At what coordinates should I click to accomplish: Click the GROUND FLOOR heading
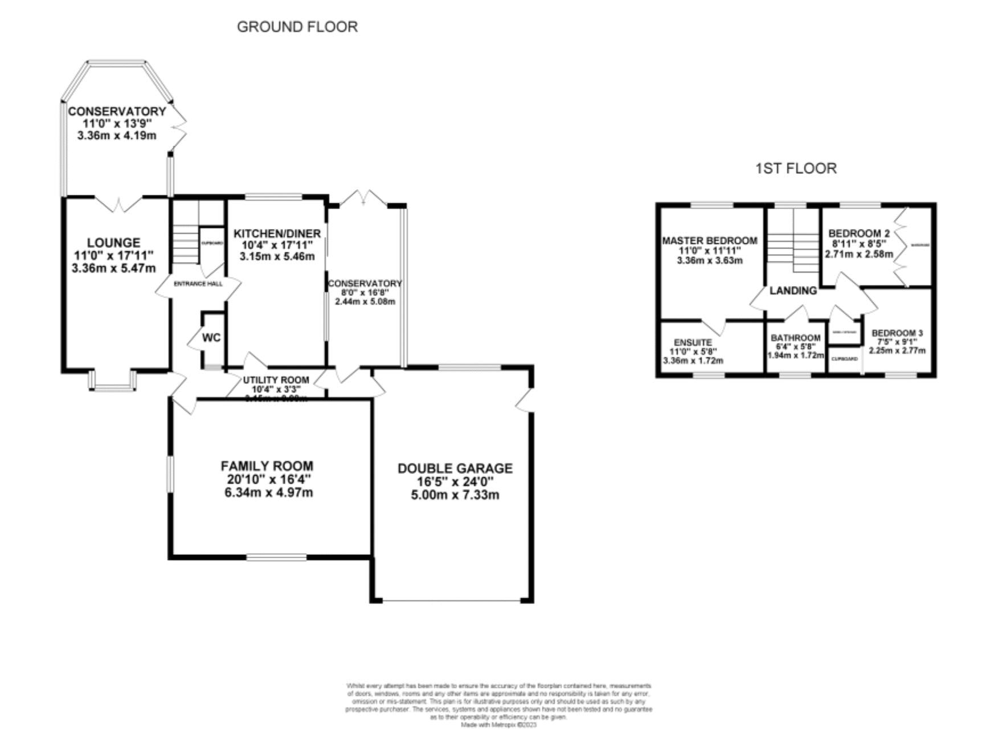tap(297, 27)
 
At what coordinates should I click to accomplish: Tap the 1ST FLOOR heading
tap(796, 168)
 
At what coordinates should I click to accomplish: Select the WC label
tap(211, 338)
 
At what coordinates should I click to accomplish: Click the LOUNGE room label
tap(114, 243)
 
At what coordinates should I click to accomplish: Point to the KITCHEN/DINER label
tap(277, 234)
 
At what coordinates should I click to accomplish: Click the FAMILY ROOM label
tap(267, 466)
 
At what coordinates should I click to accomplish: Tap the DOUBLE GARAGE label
tap(455, 468)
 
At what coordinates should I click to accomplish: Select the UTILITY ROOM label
tap(276, 380)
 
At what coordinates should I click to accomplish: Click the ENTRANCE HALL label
tap(198, 284)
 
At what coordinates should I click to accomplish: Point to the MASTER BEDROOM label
tap(709, 241)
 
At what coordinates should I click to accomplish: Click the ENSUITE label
tap(693, 342)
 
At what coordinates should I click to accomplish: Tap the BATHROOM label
tap(796, 338)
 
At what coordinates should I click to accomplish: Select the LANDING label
tap(793, 291)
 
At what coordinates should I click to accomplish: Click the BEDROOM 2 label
tap(859, 234)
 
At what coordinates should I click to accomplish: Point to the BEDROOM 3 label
tap(897, 333)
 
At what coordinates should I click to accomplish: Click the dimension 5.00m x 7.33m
tap(455, 494)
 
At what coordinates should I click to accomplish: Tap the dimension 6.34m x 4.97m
tap(268, 492)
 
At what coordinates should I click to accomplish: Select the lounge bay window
tap(113, 382)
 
